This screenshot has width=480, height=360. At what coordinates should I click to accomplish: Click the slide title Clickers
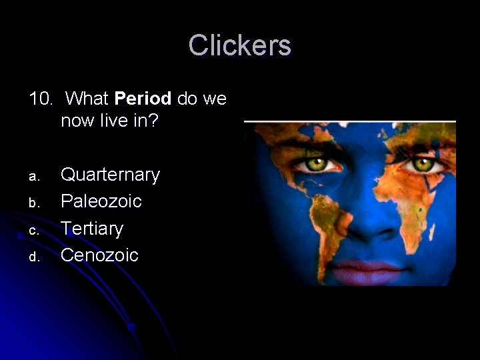[x=239, y=45]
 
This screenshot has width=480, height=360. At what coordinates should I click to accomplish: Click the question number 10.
[x=41, y=99]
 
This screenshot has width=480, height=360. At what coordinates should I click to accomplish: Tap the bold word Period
[x=143, y=99]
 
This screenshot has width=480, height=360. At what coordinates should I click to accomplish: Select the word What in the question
[x=89, y=99]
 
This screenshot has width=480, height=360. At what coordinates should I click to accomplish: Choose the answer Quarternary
[x=110, y=175]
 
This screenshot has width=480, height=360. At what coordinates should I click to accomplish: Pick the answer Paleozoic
[x=101, y=201]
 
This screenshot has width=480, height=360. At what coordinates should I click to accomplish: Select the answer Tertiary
[x=92, y=229]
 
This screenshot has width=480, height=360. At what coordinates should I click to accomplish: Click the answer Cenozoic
[x=99, y=255]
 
